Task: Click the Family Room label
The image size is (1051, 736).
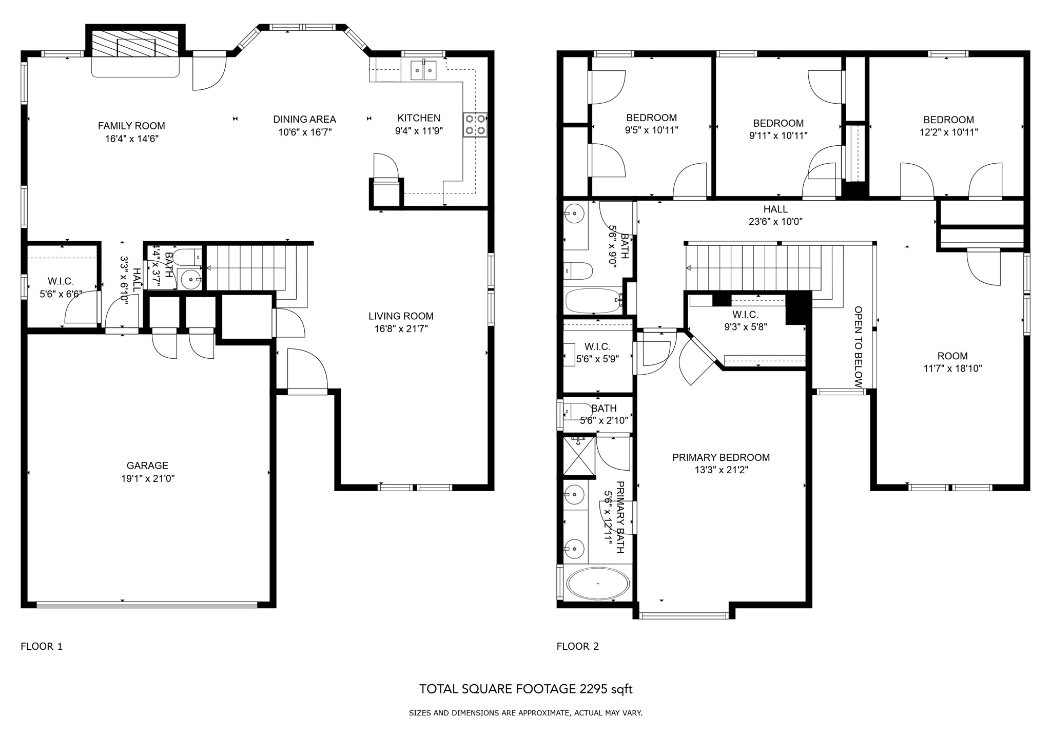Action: tap(131, 126)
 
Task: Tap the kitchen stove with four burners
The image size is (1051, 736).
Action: tap(475, 125)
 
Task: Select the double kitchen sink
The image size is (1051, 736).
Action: tap(423, 70)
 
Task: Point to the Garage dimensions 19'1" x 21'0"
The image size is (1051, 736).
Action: tap(148, 478)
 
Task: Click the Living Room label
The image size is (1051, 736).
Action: tap(401, 316)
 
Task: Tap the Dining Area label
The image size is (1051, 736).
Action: tap(304, 119)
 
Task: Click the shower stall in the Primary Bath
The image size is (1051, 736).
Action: tap(579, 456)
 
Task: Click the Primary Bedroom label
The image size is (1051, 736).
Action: tap(721, 457)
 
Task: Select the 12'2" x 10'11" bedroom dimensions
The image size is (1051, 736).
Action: tap(948, 132)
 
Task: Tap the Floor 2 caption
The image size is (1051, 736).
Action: tap(577, 647)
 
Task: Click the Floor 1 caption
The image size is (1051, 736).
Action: tap(42, 647)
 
